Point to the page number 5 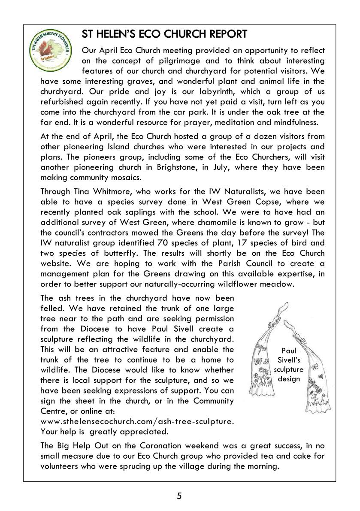click(179, 496)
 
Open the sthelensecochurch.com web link click(136, 421)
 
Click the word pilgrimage click(174, 60)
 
